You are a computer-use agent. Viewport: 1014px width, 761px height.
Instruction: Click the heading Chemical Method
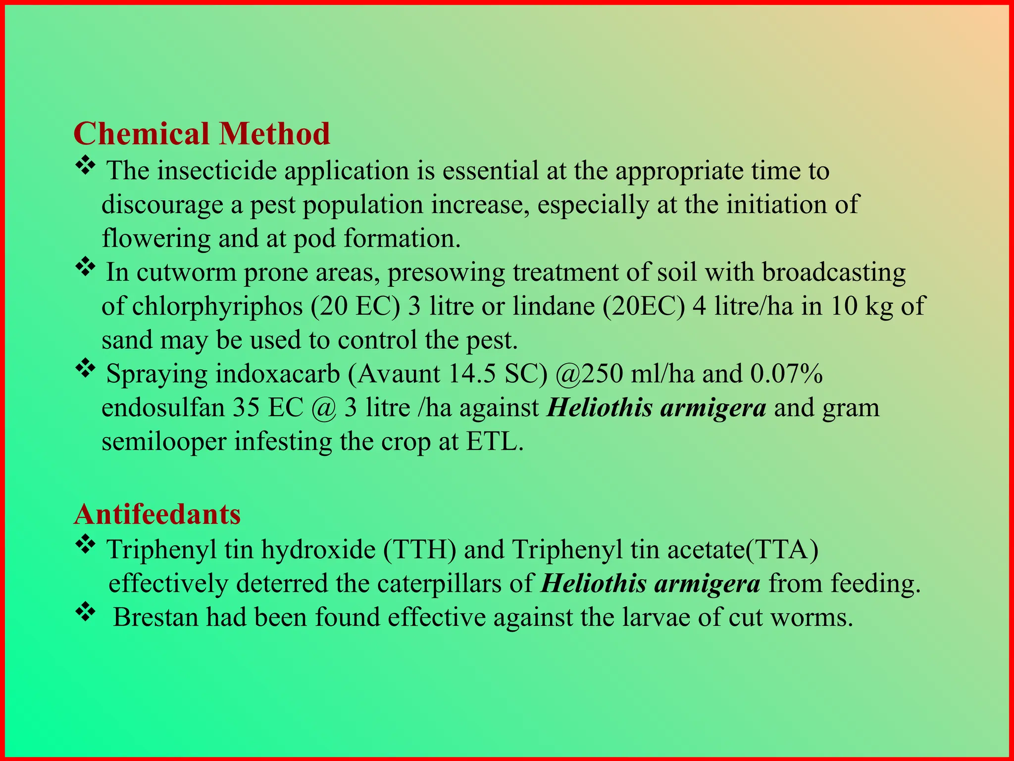[x=202, y=134]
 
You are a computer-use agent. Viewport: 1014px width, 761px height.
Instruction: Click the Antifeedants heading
[x=157, y=514]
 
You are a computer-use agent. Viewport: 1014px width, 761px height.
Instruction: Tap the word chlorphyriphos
[x=217, y=306]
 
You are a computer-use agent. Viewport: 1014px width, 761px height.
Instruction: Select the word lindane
[x=553, y=306]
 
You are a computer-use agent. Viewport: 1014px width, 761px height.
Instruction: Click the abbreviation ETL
[x=494, y=441]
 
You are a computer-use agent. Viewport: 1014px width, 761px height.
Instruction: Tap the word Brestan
[x=155, y=617]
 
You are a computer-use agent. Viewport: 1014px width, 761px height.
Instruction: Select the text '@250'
[x=589, y=374]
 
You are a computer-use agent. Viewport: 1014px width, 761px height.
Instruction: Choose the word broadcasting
[x=833, y=272]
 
